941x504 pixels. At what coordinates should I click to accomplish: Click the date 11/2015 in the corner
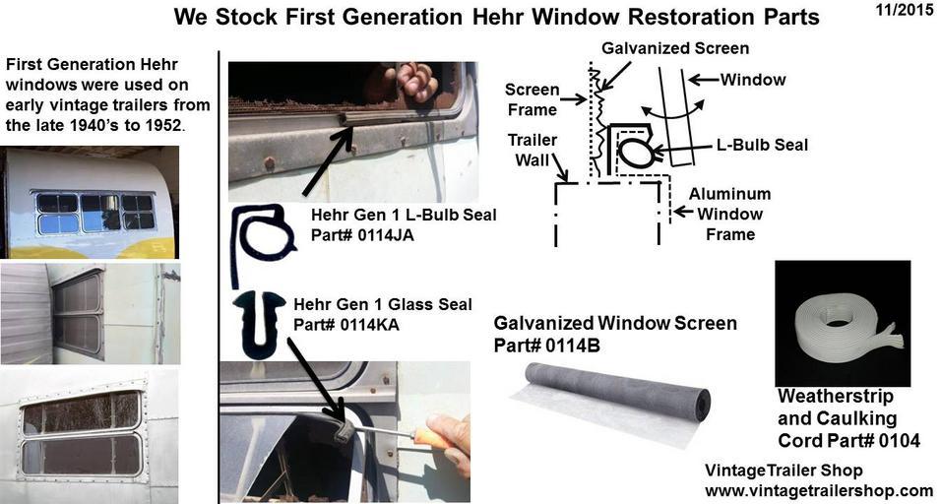905,10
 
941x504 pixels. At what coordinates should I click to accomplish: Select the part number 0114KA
369,325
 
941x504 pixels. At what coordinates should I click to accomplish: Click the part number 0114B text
572,346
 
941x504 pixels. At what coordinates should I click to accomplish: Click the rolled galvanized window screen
612,399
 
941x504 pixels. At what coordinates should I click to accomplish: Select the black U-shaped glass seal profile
259,324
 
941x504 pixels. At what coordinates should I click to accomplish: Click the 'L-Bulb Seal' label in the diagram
762,145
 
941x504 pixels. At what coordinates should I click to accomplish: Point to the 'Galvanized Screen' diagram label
675,48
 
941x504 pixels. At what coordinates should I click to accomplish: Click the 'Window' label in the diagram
753,79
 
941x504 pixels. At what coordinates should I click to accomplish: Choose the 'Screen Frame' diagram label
532,99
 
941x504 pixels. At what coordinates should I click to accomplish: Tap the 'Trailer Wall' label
533,150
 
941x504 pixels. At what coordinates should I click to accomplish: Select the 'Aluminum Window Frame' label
729,214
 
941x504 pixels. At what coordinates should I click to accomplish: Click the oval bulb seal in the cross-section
636,153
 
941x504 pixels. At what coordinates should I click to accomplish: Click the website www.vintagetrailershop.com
819,491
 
